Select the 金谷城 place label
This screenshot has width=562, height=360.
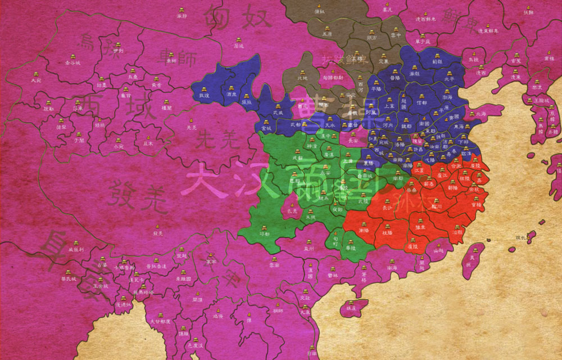click(72, 62)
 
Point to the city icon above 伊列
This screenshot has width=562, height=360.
click(117, 44)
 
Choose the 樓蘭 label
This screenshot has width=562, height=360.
click(166, 107)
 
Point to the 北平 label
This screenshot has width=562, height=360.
click(448, 79)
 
